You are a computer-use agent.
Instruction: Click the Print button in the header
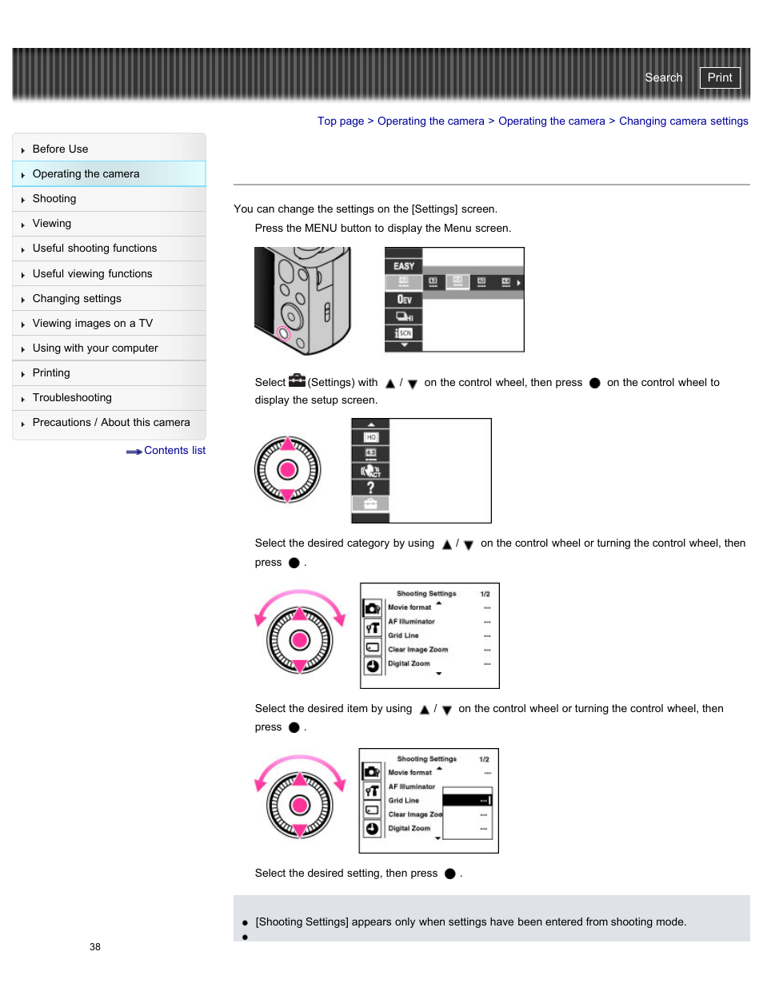click(719, 78)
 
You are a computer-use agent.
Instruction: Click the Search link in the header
click(663, 78)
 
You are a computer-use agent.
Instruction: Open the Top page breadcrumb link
click(340, 121)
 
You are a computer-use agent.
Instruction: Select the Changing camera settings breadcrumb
click(683, 121)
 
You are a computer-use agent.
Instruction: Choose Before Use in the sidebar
click(60, 149)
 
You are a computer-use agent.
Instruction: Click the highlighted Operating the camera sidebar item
click(86, 174)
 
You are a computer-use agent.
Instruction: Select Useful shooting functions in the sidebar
click(94, 249)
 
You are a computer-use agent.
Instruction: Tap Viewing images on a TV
click(92, 324)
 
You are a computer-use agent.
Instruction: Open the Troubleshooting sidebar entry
click(72, 398)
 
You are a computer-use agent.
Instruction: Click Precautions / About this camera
click(111, 423)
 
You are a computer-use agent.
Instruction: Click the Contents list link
click(174, 451)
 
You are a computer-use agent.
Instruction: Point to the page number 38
click(95, 947)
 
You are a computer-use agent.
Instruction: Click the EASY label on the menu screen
click(404, 266)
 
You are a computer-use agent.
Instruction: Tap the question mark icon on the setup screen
click(370, 487)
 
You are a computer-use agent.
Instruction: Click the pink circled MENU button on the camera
click(283, 333)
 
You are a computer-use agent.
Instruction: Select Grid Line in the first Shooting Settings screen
click(403, 636)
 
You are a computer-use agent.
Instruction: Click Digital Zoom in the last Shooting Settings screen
click(409, 829)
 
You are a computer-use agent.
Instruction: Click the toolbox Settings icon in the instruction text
click(297, 381)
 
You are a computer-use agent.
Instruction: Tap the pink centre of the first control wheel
click(288, 470)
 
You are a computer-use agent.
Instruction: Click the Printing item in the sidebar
click(51, 373)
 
